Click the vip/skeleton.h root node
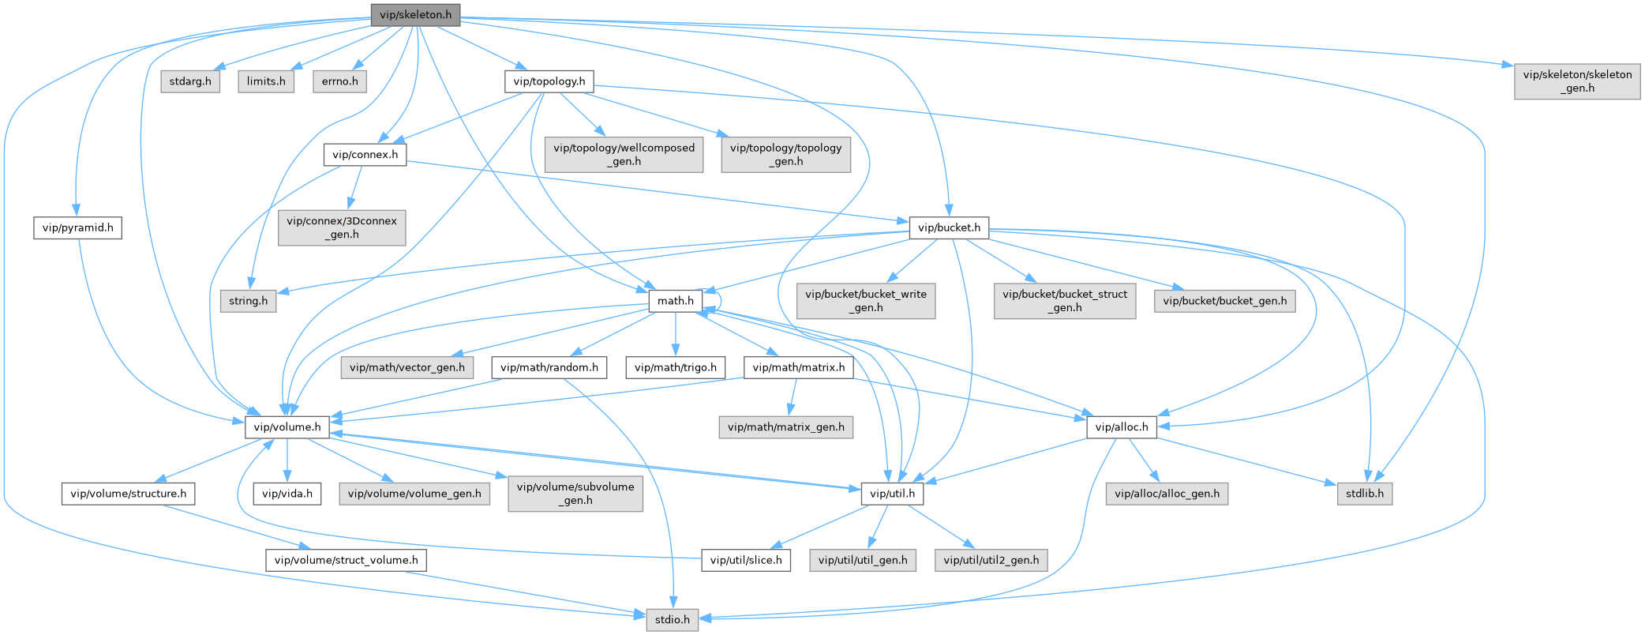pyautogui.click(x=415, y=15)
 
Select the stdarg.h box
pyautogui.click(x=190, y=81)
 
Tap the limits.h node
pyautogui.click(x=266, y=81)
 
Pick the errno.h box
pyautogui.click(x=339, y=81)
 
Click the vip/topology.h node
pyautogui.click(x=549, y=81)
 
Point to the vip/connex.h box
pyautogui.click(x=365, y=154)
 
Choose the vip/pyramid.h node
pyautogui.click(x=77, y=228)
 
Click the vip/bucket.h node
pyautogui.click(x=949, y=228)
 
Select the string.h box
pyautogui.click(x=248, y=301)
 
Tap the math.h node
pyautogui.click(x=675, y=301)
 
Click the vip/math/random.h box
pyautogui.click(x=549, y=367)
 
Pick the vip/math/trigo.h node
pyautogui.click(x=675, y=367)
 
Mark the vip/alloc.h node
pyautogui.click(x=1121, y=427)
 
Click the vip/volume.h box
pyautogui.click(x=287, y=427)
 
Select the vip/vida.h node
pyautogui.click(x=287, y=494)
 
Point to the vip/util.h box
pyautogui.click(x=892, y=494)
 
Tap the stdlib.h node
pyautogui.click(x=1365, y=494)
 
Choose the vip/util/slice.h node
pyautogui.click(x=746, y=560)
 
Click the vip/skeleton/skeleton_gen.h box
pyautogui.click(x=1577, y=81)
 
